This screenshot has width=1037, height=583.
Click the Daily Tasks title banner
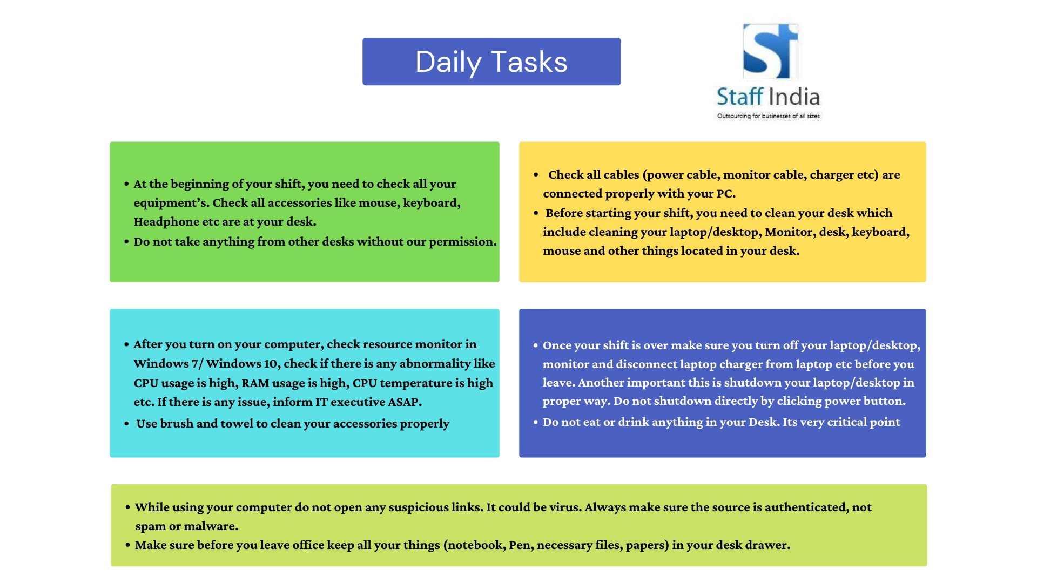pyautogui.click(x=491, y=62)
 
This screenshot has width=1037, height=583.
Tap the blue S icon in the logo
pyautogui.click(x=770, y=51)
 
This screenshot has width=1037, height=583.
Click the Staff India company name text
pyautogui.click(x=768, y=97)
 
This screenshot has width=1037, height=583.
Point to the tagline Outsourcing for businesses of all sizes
pyautogui.click(x=768, y=116)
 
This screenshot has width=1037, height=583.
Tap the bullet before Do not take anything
pyautogui.click(x=126, y=242)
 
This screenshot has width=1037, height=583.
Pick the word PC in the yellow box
pyautogui.click(x=725, y=194)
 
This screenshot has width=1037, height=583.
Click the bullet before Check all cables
pyautogui.click(x=536, y=175)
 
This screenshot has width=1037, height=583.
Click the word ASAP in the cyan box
pyautogui.click(x=403, y=402)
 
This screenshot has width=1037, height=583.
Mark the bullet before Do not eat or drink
pyautogui.click(x=536, y=422)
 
